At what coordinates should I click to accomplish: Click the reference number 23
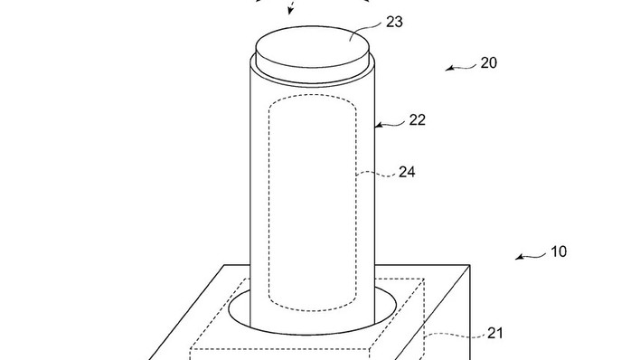click(394, 22)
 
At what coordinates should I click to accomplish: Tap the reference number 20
click(488, 63)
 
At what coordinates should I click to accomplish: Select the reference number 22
click(417, 119)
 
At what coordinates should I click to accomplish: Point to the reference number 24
click(407, 172)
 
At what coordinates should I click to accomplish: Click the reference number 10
click(559, 251)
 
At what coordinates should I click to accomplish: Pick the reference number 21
click(495, 334)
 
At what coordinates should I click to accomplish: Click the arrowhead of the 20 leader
click(448, 69)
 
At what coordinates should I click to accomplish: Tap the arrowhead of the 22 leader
click(379, 125)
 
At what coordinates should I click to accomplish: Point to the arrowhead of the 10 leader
click(519, 257)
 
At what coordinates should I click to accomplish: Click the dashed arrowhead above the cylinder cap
click(290, 11)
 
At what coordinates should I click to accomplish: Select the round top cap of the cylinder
click(312, 47)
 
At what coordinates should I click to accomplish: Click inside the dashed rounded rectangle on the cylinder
click(312, 203)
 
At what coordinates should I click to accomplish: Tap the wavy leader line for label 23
click(366, 32)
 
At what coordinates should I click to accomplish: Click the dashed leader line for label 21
click(455, 335)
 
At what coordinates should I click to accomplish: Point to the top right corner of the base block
click(470, 265)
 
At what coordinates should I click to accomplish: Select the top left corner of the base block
click(225, 265)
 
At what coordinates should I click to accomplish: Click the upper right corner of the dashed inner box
click(424, 279)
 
